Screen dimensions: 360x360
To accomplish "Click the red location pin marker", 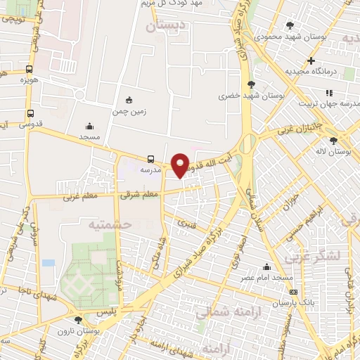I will [181, 165].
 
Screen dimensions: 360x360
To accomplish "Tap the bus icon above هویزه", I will [29, 69].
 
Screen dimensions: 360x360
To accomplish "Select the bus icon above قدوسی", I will [30, 113].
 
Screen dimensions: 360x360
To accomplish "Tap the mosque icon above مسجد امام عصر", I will [266, 267].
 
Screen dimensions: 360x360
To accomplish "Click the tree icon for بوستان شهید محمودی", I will [290, 25].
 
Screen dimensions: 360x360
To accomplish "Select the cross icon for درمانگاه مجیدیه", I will [311, 60].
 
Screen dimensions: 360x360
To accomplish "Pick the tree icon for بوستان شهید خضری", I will [251, 84].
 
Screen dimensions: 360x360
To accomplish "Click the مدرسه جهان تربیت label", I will [324, 104].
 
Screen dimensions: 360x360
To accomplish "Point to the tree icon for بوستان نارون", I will [77, 320].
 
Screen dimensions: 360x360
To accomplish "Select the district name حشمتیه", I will [110, 223].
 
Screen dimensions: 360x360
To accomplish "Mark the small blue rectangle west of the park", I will [48, 263].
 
